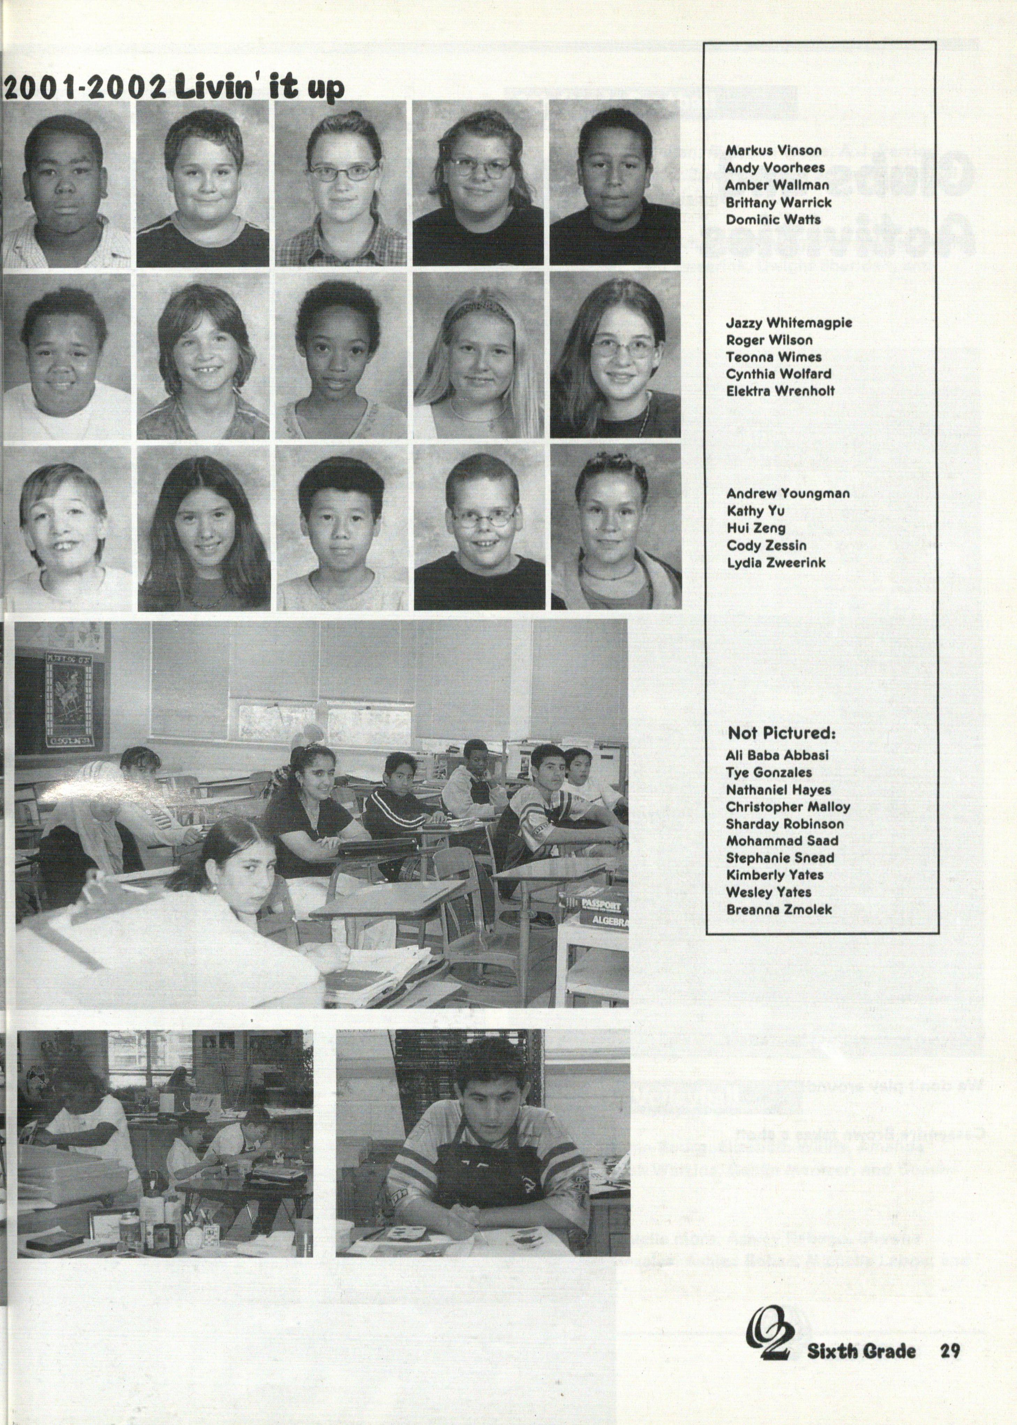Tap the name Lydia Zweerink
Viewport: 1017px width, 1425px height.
[776, 562]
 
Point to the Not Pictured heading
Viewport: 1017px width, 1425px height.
[781, 733]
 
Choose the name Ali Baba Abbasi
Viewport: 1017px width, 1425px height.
[777, 755]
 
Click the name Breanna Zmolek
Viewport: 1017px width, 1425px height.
[779, 909]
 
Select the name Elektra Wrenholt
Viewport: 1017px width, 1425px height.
[780, 391]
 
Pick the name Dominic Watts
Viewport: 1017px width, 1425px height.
[773, 220]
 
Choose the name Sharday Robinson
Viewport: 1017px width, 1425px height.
[785, 824]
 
